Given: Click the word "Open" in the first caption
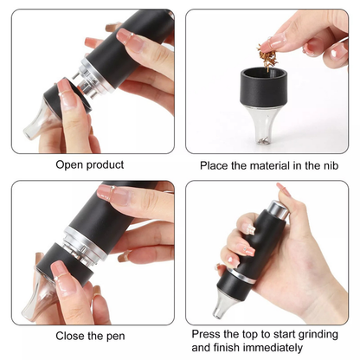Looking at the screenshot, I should [x=71, y=164].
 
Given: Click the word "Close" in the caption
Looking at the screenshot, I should [x=72, y=335].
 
